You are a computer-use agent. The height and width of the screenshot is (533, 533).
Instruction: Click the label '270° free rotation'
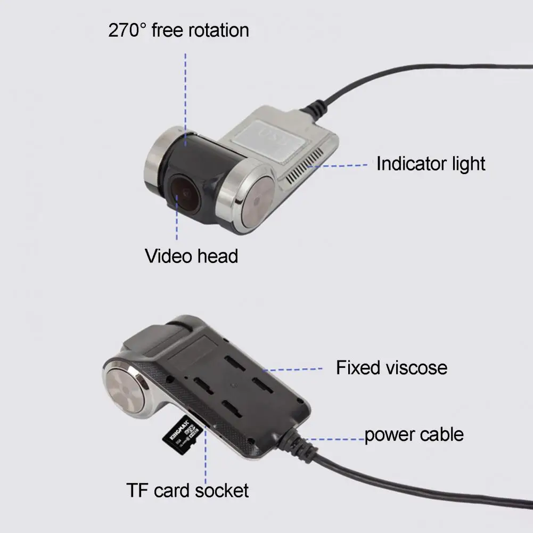coord(178,30)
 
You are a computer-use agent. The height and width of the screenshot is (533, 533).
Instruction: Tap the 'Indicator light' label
coord(431,163)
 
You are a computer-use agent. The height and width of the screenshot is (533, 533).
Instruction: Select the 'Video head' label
coord(191,256)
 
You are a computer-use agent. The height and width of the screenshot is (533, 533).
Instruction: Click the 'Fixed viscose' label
coord(391,367)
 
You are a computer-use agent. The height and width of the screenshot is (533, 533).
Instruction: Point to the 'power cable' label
coord(414,434)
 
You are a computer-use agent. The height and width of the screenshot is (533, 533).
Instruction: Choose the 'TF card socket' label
coord(187,490)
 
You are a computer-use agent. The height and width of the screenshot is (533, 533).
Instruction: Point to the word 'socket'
coord(222,490)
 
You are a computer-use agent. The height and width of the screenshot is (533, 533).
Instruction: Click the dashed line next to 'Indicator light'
coord(341,166)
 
